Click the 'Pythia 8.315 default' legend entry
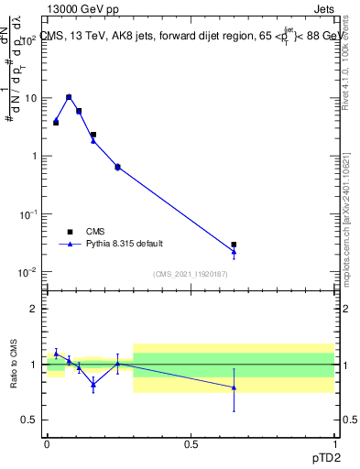(124, 244)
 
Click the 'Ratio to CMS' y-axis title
(14, 365)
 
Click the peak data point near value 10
(69, 96)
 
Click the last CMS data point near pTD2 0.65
(234, 245)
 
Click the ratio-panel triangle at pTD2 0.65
(234, 387)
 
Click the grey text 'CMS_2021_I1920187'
(190, 274)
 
